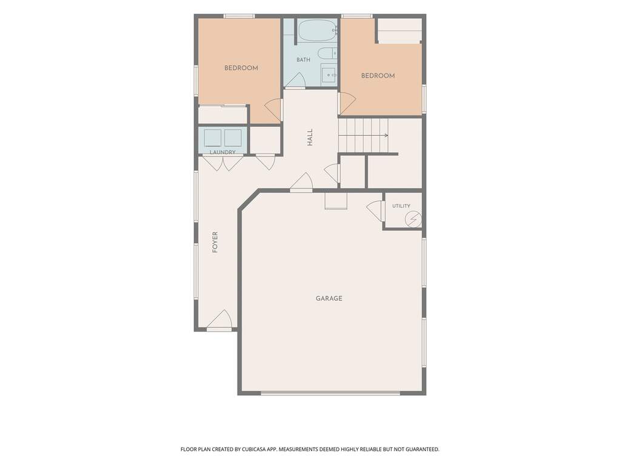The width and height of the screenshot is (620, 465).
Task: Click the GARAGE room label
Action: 328,298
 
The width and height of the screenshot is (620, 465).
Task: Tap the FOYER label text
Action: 215,242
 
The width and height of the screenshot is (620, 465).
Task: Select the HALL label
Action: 310,137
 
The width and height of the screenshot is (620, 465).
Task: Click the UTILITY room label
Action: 401,206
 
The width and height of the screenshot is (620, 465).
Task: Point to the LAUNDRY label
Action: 222,152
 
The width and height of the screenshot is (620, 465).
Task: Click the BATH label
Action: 303,60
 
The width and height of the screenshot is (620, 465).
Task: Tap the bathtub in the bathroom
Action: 318,31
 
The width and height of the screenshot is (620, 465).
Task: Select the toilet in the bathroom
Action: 327,53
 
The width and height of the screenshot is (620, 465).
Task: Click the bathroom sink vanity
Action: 328,74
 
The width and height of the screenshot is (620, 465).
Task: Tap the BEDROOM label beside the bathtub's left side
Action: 241,68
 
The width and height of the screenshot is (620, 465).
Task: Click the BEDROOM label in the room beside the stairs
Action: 378,76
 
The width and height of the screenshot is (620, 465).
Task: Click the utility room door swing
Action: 375,212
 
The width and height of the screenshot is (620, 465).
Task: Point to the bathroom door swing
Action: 295,80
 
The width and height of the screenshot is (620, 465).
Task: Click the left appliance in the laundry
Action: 213,138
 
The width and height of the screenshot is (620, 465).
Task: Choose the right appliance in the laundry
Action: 233,138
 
